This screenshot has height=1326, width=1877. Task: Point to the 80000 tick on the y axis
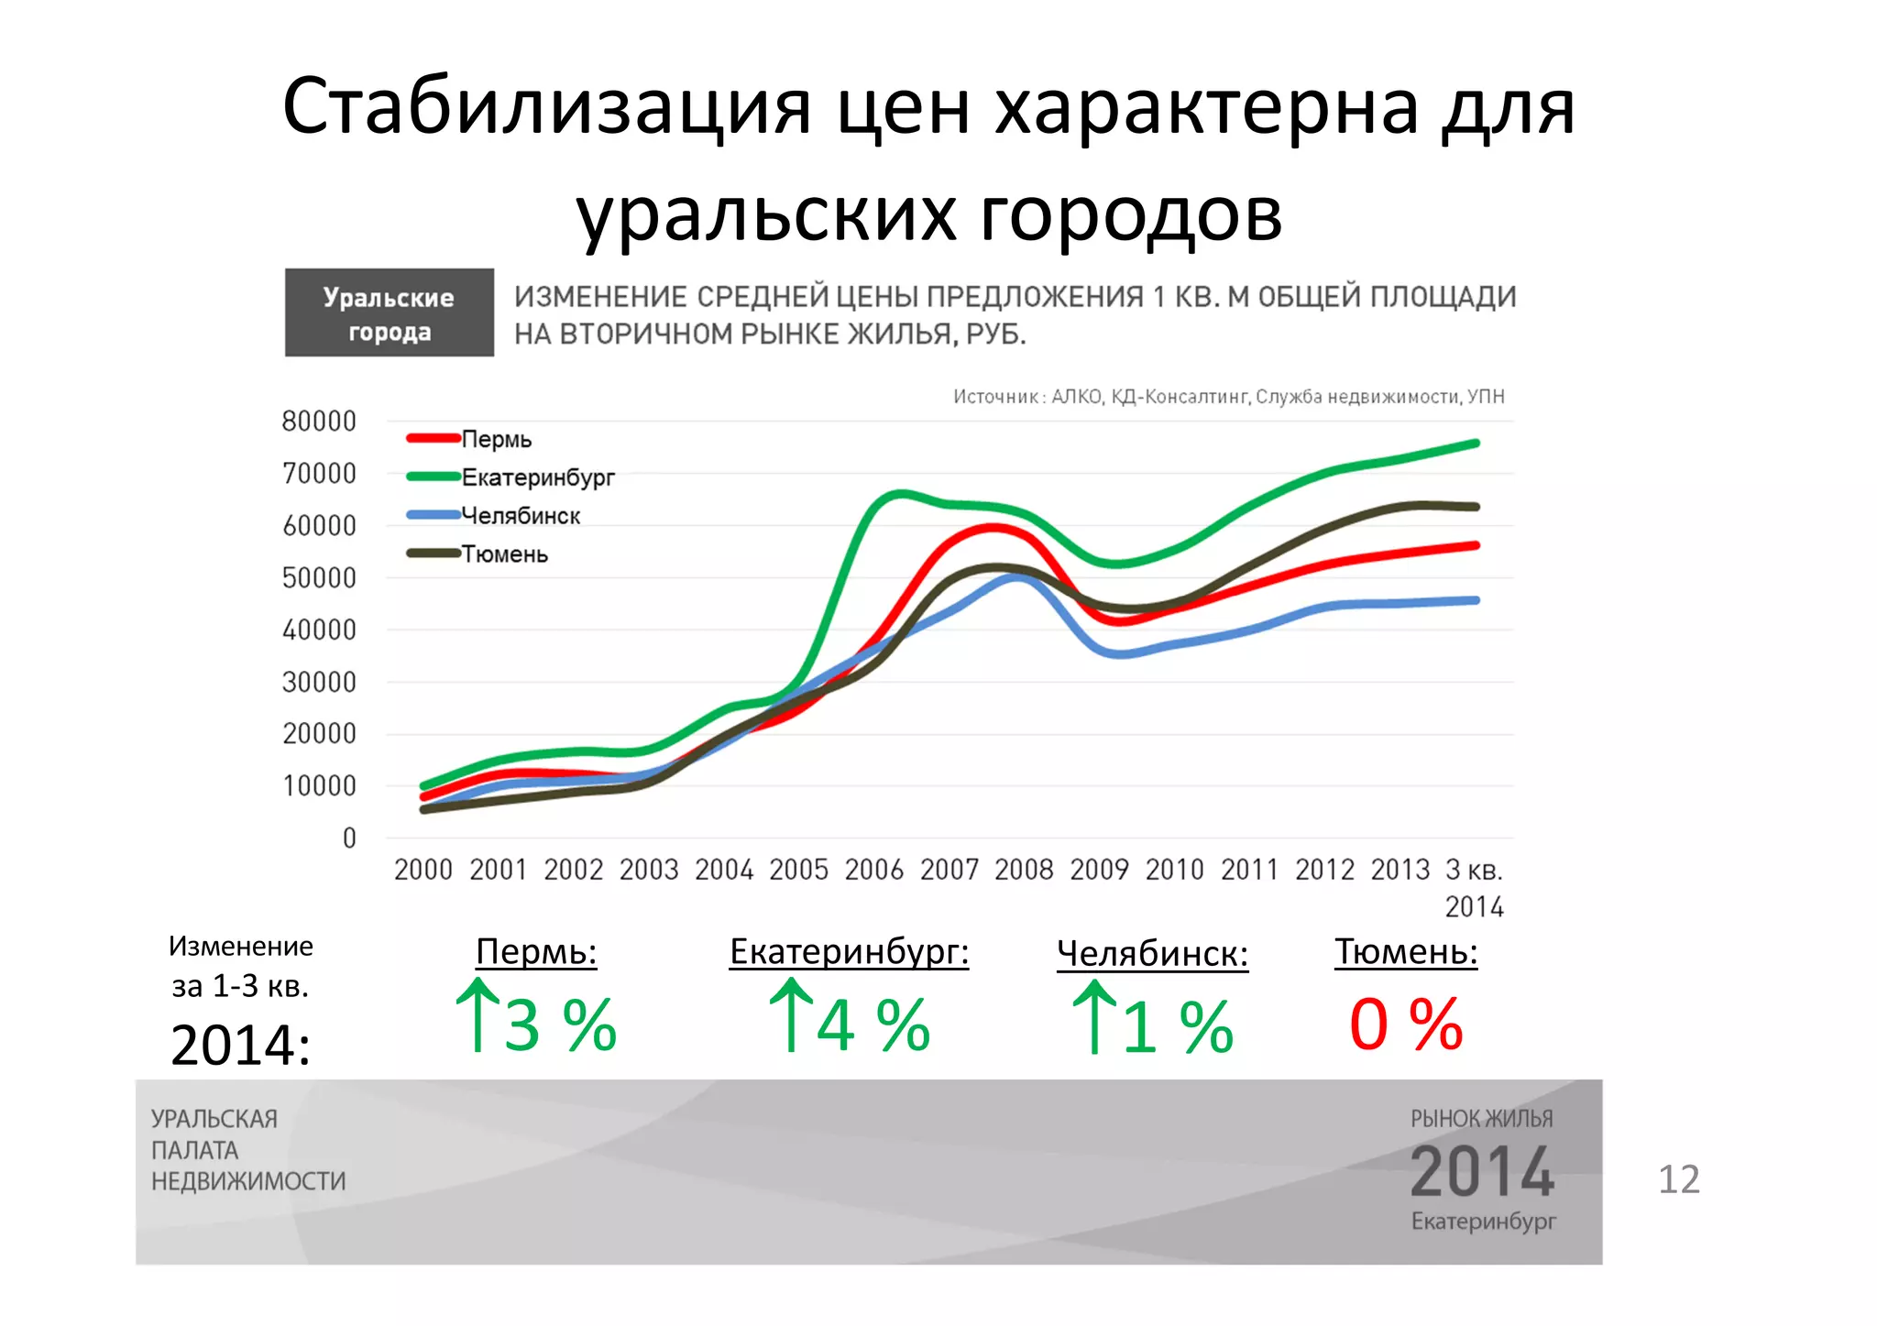pos(319,422)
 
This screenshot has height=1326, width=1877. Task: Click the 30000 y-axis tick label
pos(319,683)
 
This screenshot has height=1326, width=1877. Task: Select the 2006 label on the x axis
pos(874,870)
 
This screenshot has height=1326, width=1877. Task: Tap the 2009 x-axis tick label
pos(1099,870)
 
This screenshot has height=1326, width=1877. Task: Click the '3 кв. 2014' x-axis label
pos(1474,887)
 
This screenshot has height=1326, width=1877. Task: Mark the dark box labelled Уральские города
pos(390,313)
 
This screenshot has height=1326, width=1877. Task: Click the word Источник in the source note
pos(995,397)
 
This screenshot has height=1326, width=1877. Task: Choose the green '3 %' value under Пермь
pos(560,1025)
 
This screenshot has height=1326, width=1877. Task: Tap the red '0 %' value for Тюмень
pos(1406,1024)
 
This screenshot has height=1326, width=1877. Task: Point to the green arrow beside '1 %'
pos(1094,1017)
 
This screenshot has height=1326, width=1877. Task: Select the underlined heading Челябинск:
pos(1152,954)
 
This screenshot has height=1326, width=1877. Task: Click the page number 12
pos(1679,1179)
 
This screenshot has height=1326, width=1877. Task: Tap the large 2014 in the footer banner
pos(1482,1172)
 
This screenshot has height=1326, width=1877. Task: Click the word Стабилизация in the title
pos(547,106)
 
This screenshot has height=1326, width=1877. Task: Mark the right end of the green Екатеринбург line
pos(1476,444)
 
